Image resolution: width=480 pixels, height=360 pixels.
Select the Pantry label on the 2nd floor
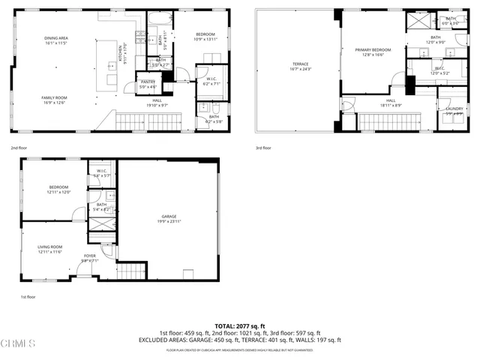pos(148,84)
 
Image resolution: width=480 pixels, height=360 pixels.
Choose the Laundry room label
pos(454,111)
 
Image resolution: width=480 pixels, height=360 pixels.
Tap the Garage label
pos(169,219)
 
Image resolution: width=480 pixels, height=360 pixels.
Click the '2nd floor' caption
pos(20,148)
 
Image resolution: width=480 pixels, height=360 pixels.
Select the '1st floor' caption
pos(28,297)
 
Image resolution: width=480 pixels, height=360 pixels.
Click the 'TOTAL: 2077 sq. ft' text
pos(240,326)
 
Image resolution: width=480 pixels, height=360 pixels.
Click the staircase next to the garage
pos(130,271)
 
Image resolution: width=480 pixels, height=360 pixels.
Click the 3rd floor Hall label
pos(391,102)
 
